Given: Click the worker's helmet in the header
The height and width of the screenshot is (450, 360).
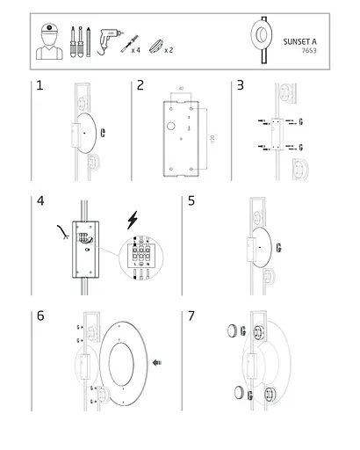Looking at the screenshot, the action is [49, 28].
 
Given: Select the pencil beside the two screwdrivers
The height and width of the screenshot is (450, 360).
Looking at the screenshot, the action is [89, 41].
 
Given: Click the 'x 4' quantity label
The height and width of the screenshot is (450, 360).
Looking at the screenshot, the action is [136, 50].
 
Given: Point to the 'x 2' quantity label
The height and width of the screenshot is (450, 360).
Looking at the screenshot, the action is [169, 50].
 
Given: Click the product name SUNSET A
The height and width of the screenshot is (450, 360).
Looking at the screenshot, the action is [299, 41].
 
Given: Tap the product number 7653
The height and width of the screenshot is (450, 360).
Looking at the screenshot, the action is [309, 50].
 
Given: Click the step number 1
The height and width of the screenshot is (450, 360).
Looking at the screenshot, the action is [40, 85].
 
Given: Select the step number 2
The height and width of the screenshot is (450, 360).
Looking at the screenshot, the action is [140, 85].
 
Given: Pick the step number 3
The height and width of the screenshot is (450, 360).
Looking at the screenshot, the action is [241, 85].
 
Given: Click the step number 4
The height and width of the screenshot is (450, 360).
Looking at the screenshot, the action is [40, 201].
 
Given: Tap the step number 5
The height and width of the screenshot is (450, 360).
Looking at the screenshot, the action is [191, 201].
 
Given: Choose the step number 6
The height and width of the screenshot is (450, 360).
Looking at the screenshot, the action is [40, 316].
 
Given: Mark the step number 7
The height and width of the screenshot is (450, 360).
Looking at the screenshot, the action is [191, 316].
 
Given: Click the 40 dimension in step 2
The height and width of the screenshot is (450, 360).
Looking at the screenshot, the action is [181, 88].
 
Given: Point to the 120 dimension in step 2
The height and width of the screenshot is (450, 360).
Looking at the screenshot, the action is [212, 139].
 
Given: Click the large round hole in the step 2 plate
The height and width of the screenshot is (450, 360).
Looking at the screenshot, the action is [171, 127].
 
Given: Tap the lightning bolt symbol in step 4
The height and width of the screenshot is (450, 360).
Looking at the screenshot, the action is [133, 220].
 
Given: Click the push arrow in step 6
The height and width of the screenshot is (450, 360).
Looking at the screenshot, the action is [157, 362].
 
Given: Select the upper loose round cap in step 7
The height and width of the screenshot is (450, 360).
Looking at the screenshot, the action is [233, 330].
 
